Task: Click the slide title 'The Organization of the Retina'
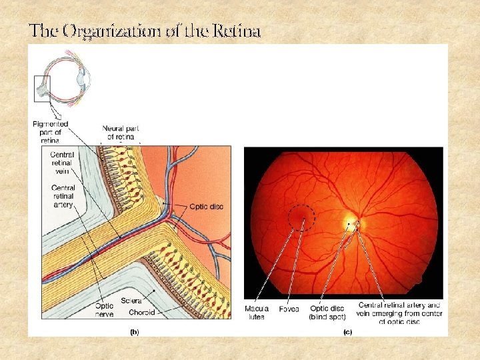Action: (145, 31)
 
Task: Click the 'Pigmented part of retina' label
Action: (50, 132)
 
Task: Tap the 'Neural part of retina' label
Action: (121, 132)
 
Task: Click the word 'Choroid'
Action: (142, 312)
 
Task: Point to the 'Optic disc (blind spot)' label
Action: (327, 313)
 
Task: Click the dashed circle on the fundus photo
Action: (301, 219)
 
